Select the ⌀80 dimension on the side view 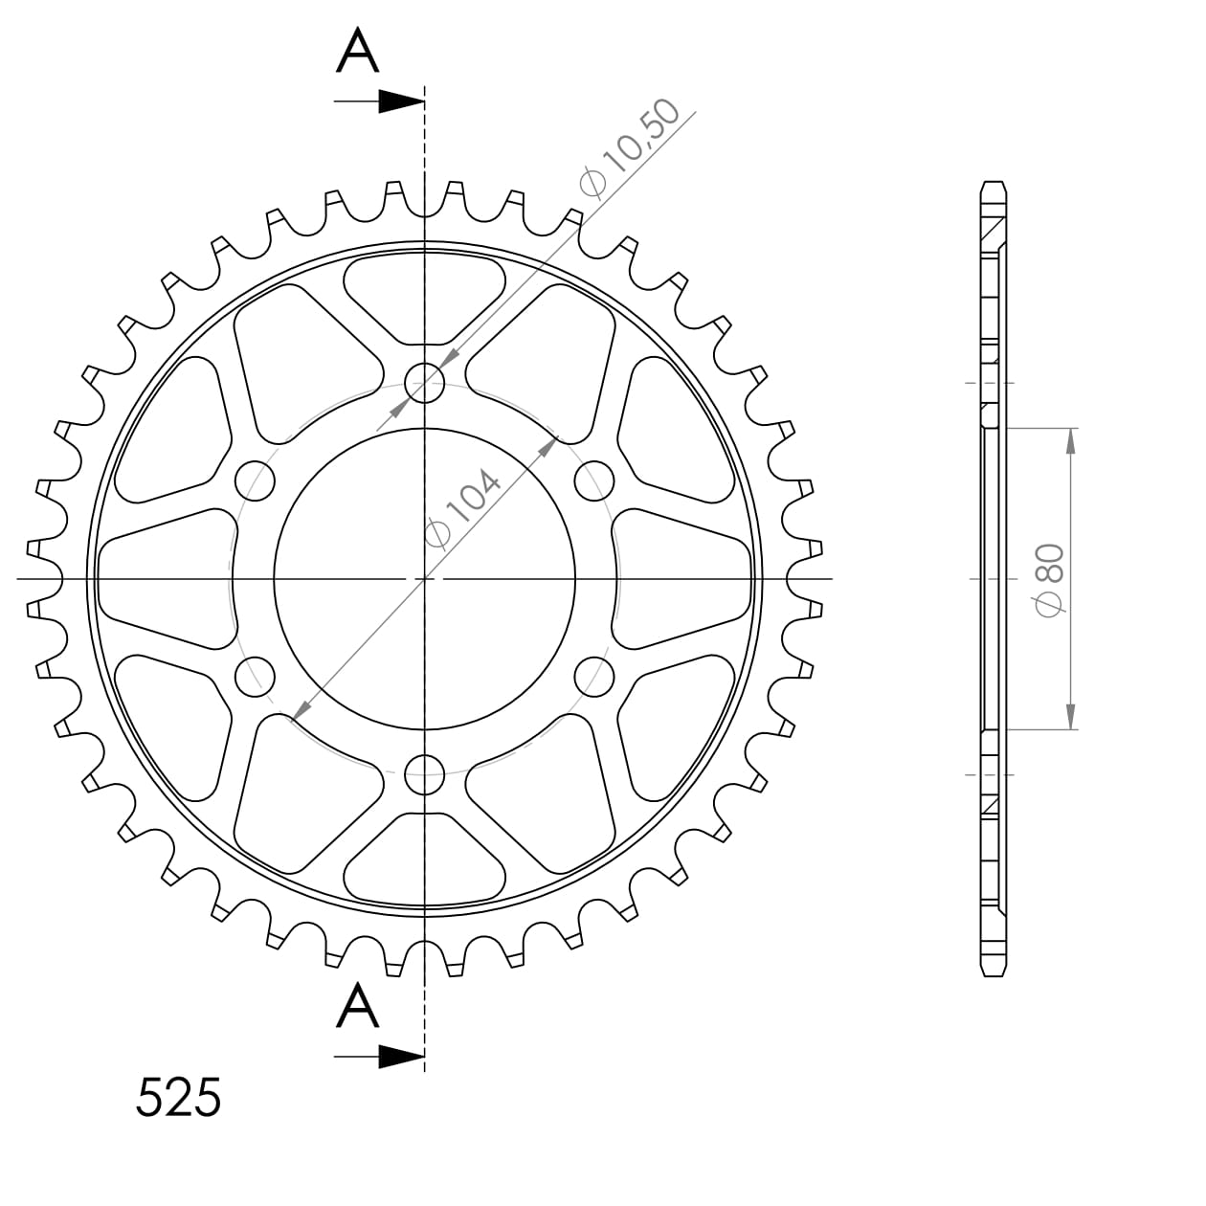pyautogui.click(x=1049, y=578)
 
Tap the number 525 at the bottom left pyautogui.click(x=178, y=1098)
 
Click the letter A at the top pyautogui.click(x=358, y=51)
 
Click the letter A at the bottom pyautogui.click(x=358, y=1007)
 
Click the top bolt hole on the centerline pyautogui.click(x=425, y=384)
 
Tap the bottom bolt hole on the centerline pyautogui.click(x=425, y=774)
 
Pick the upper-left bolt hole pyautogui.click(x=256, y=481)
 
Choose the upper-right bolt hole pyautogui.click(x=594, y=481)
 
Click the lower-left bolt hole pyautogui.click(x=256, y=677)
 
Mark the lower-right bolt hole pyautogui.click(x=594, y=677)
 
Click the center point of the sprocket pyautogui.click(x=425, y=579)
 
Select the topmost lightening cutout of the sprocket pyautogui.click(x=425, y=298)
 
